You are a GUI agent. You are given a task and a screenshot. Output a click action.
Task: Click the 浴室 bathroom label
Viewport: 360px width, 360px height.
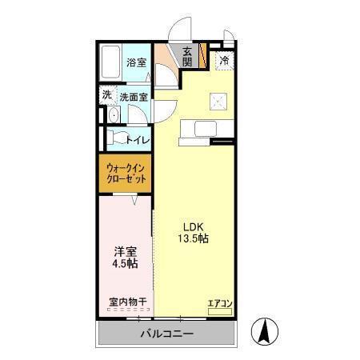[x=136, y=62]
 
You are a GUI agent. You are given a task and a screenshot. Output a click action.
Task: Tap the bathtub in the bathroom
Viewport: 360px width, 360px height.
[x=110, y=62]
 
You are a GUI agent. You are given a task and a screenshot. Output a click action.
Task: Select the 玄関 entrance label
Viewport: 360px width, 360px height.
[x=187, y=57]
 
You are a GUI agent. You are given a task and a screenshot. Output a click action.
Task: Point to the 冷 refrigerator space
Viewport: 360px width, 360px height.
[x=225, y=60]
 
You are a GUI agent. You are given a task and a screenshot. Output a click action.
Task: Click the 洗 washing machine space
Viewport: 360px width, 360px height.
[x=107, y=95]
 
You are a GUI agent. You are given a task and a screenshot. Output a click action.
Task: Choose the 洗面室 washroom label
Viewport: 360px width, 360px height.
[x=134, y=98]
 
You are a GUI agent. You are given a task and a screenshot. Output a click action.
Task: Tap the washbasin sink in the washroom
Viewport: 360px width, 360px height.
[x=114, y=115]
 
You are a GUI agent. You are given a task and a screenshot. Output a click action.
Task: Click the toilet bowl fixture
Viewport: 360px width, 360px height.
[x=117, y=137]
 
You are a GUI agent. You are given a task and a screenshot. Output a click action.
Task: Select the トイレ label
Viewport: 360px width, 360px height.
[x=138, y=140]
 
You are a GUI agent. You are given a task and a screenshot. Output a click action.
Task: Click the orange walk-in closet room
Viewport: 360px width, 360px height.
[x=125, y=173]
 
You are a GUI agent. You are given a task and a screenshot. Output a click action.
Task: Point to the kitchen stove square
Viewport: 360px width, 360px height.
[x=218, y=102]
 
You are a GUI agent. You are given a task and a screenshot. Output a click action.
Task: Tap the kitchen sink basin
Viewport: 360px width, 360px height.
[x=206, y=129]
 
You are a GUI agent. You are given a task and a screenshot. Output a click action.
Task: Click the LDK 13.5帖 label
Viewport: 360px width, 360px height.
[x=194, y=233]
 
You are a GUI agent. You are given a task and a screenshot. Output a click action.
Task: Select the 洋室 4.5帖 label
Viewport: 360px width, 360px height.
[x=125, y=258]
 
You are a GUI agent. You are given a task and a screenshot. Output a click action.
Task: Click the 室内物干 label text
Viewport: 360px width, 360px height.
[x=128, y=302]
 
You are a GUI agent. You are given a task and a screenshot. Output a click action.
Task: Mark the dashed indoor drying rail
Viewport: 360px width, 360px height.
[x=128, y=310]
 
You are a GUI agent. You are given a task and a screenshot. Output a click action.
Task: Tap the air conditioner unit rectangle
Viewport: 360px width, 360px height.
[x=220, y=311]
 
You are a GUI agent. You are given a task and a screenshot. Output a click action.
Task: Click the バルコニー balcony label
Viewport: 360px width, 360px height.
[x=166, y=334]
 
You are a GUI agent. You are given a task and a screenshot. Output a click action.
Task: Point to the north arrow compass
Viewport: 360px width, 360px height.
[x=265, y=332]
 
